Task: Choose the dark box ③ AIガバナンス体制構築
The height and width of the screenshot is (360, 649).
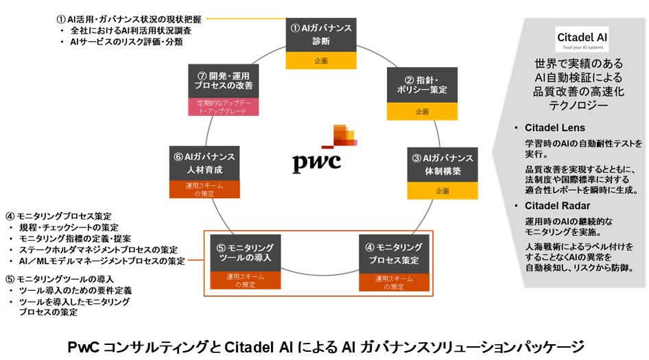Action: [x=442, y=165]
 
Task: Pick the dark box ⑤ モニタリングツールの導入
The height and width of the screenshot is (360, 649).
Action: [x=245, y=253]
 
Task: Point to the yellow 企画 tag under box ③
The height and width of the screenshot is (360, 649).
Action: [x=442, y=191]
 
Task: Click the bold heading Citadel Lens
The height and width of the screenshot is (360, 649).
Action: [x=554, y=128]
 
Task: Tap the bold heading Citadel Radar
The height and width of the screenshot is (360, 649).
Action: [x=556, y=205]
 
